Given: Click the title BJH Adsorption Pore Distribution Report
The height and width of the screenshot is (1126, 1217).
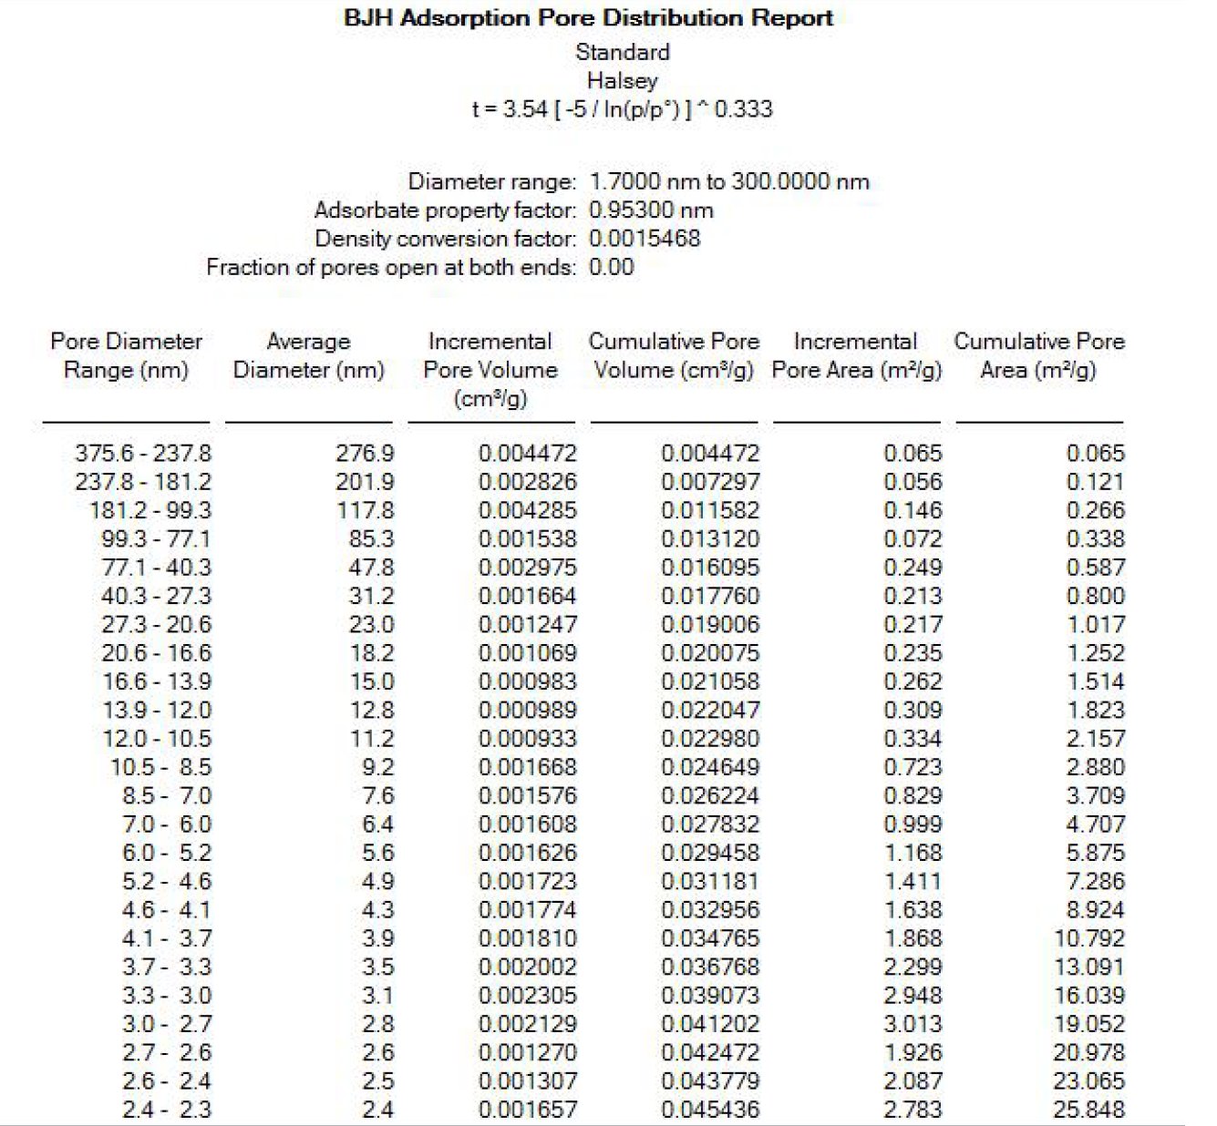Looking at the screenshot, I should [x=588, y=18].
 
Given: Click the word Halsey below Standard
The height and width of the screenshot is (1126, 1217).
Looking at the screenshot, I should [x=622, y=80].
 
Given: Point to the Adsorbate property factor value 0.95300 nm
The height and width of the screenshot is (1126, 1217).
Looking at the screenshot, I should [x=651, y=210].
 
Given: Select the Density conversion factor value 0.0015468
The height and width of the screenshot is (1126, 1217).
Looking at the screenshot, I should [x=645, y=239].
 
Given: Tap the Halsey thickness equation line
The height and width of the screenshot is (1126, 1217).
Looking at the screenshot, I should [x=622, y=109].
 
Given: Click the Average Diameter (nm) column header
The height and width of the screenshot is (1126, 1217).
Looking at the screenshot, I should [x=308, y=355].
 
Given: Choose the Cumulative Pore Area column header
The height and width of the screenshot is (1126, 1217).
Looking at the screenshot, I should [x=1038, y=355].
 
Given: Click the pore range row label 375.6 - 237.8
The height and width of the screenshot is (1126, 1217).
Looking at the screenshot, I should [x=142, y=453].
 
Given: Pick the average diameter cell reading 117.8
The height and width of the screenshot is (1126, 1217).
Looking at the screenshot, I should [x=365, y=510].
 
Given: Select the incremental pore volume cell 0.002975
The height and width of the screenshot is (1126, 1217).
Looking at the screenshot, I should [x=527, y=568].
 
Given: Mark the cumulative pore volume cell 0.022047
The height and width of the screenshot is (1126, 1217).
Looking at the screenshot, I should [x=710, y=710].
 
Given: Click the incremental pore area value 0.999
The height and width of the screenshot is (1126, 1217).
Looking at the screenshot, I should [x=913, y=824].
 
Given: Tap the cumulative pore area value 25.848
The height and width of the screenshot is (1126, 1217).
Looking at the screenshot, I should [x=1088, y=1110].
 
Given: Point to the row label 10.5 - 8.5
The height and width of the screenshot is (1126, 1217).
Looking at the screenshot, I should [x=160, y=767].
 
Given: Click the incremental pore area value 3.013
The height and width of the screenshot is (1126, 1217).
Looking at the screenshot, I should [x=913, y=1024].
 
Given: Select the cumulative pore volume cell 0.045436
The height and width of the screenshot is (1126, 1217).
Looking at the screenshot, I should [x=710, y=1110].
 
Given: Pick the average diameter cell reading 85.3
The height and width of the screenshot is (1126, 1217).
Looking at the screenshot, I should [x=371, y=538].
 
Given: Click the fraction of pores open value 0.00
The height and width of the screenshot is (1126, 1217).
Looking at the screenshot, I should [x=611, y=267].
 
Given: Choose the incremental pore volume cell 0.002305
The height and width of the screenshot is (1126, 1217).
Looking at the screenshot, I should [x=527, y=996].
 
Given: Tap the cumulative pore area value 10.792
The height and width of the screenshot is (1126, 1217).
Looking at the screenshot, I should [x=1088, y=938].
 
